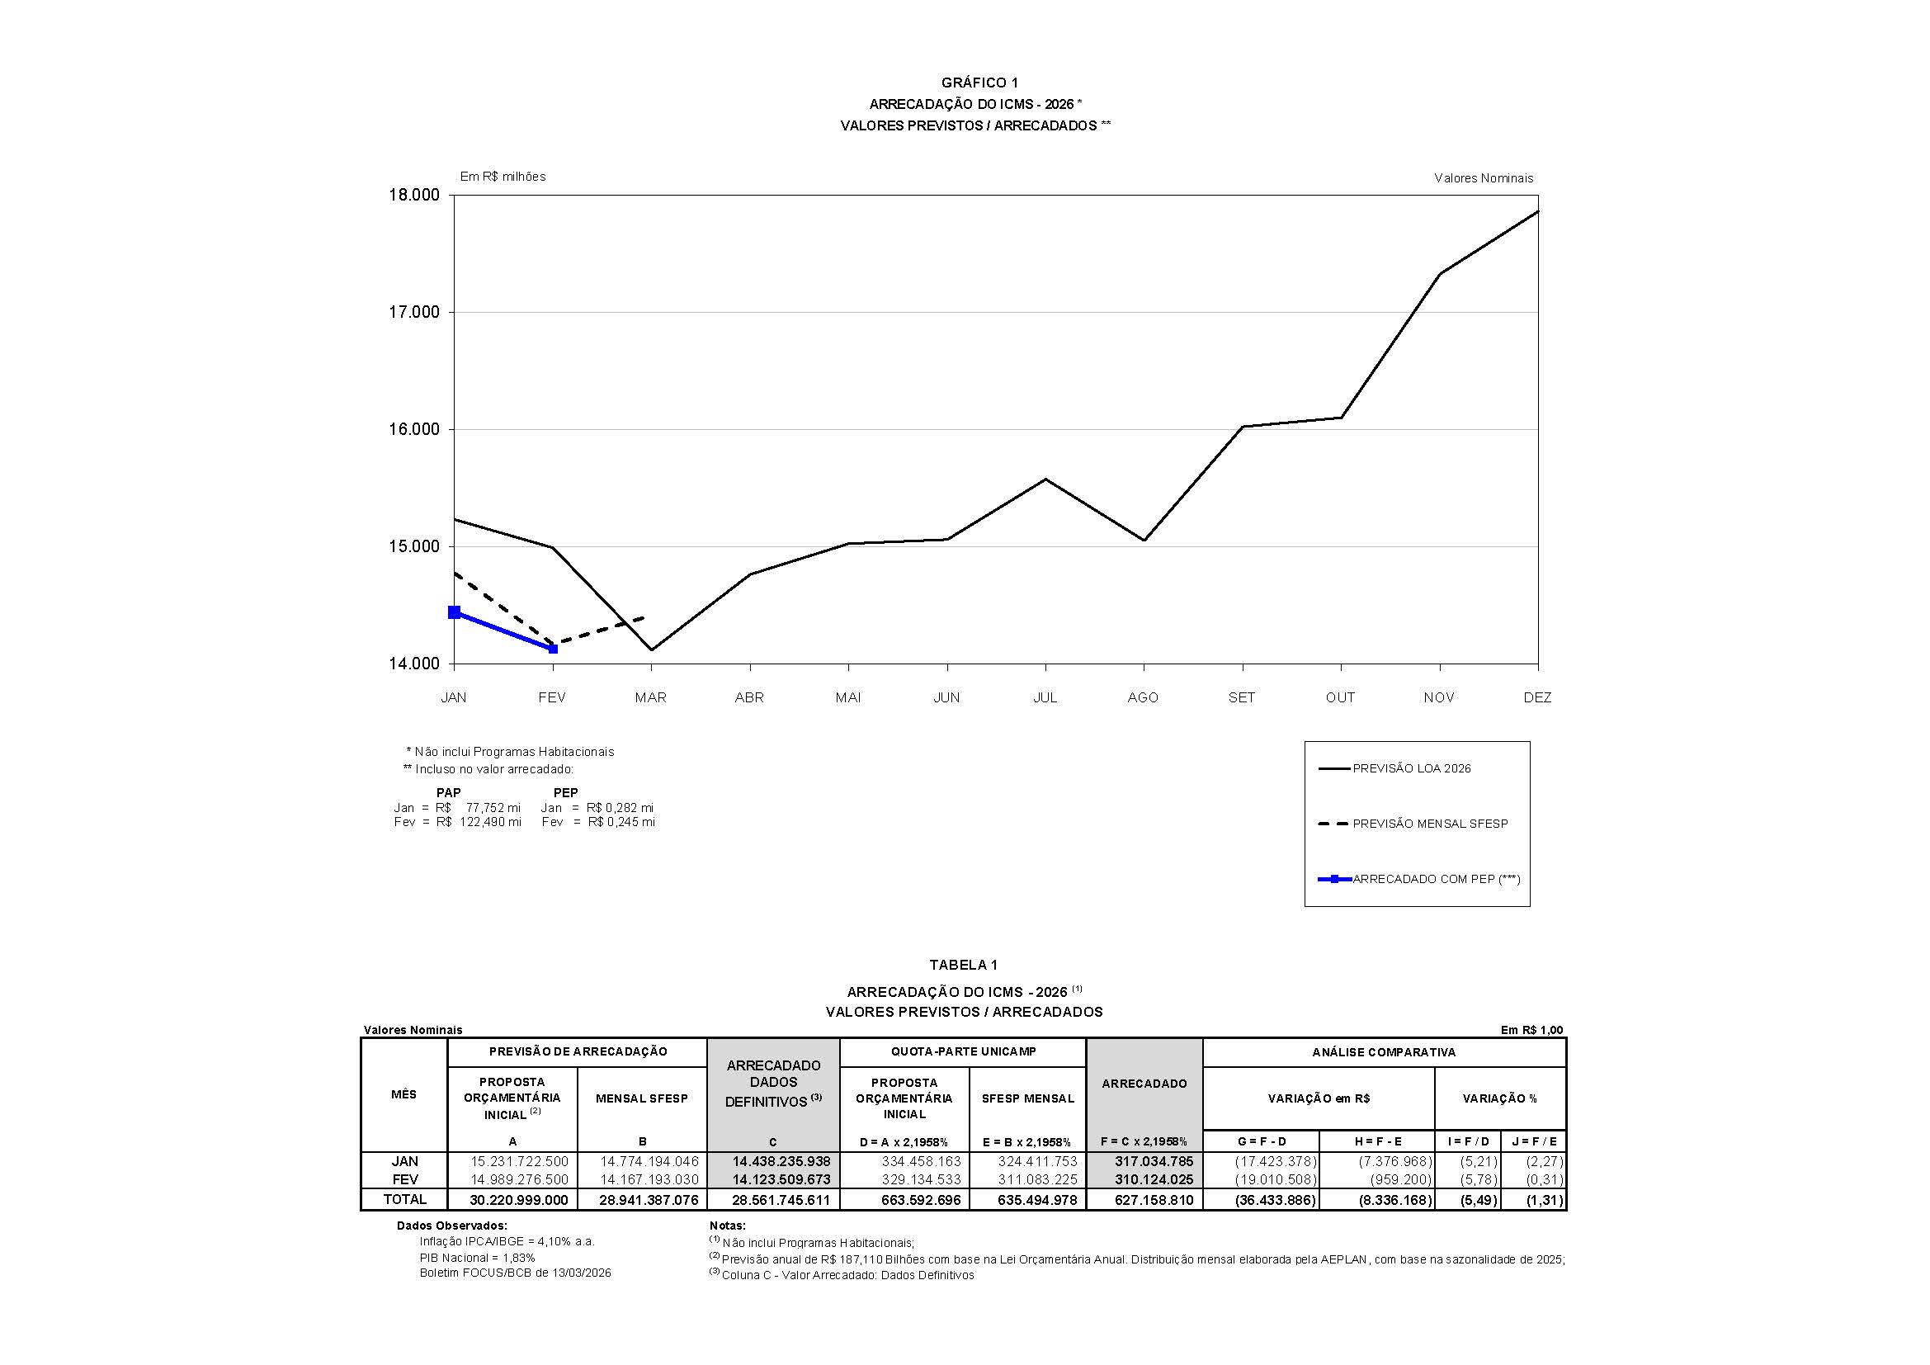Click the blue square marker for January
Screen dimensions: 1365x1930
pos(455,612)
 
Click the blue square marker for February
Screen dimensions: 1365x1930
pos(553,649)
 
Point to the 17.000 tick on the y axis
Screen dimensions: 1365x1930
pos(413,313)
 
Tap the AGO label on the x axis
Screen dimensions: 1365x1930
pos(1143,697)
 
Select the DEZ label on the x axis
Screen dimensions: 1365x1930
pos(1537,697)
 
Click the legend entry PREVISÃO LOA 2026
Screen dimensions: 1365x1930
pos(1411,768)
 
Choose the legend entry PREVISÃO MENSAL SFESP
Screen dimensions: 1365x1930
pos(1430,824)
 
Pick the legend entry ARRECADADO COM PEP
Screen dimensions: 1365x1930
pos(1436,879)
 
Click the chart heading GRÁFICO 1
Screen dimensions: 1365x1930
pos(979,83)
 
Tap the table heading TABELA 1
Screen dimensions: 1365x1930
pos(963,965)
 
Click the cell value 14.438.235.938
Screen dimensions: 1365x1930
pos(781,1162)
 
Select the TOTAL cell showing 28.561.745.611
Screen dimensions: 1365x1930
pos(781,1200)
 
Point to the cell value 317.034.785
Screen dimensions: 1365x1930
pos(1154,1162)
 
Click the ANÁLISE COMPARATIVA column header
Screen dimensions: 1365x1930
pos(1384,1052)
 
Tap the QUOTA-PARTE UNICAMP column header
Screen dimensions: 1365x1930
pos(963,1051)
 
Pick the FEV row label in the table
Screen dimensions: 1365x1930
pos(404,1179)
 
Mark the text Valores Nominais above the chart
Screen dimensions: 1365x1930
pos(1484,178)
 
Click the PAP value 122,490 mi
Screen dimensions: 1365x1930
pos(490,822)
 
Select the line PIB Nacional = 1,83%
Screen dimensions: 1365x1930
pos(478,1258)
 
